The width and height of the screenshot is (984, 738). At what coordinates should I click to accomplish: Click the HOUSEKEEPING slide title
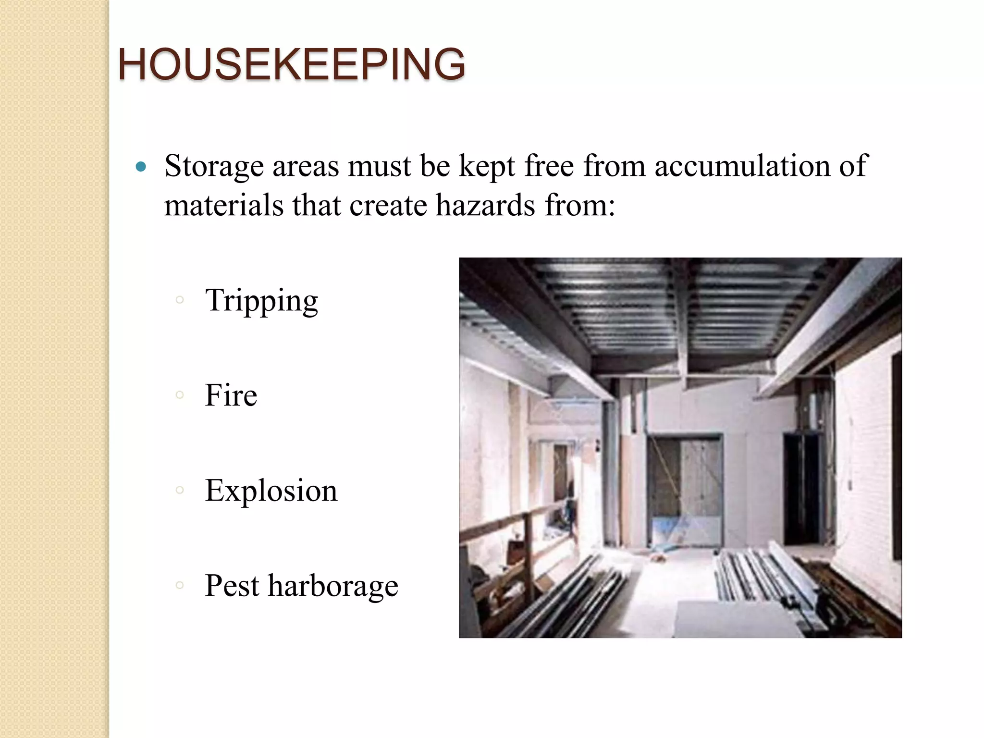(292, 64)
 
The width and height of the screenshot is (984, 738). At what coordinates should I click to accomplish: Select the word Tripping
(261, 301)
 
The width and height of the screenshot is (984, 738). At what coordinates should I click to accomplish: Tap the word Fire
(231, 395)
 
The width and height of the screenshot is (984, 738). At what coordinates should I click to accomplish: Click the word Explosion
(271, 491)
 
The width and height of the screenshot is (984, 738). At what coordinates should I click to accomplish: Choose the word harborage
(333, 586)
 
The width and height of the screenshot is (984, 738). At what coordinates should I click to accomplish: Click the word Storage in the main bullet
(214, 167)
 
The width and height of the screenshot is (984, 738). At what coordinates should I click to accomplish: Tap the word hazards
(485, 206)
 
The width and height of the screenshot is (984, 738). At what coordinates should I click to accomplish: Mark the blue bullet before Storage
(140, 167)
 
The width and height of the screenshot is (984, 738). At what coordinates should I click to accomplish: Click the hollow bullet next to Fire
(180, 395)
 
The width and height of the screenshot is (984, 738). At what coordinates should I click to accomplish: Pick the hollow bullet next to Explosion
(180, 491)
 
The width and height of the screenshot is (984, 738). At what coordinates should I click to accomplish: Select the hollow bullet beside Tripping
(180, 300)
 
